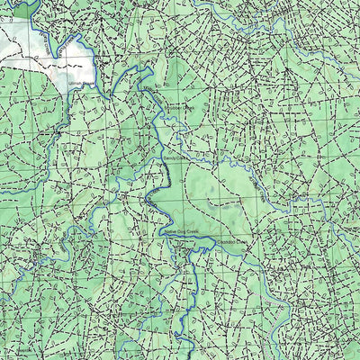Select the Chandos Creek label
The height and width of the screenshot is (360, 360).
click(233, 242)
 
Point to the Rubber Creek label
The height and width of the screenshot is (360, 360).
click(180, 106)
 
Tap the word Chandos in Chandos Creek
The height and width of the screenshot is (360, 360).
click(227, 242)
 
